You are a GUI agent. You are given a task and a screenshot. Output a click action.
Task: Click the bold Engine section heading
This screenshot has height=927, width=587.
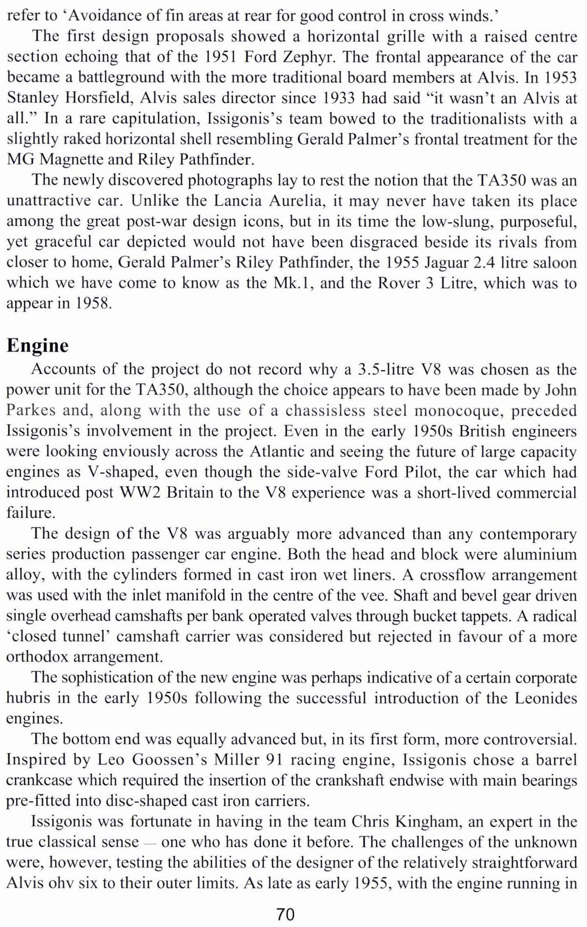point(37,345)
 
